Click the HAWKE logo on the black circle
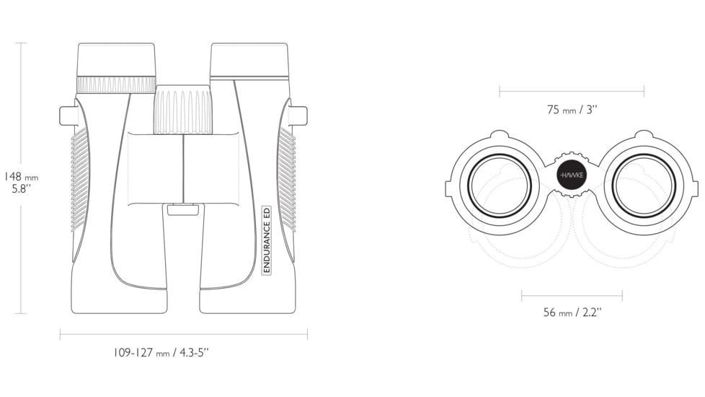click(x=571, y=175)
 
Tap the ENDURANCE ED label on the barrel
click(x=267, y=240)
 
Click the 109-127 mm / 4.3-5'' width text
click(x=161, y=352)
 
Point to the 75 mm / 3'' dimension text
click(x=572, y=110)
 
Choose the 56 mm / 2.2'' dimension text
click(x=572, y=312)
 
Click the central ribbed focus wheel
click(x=183, y=109)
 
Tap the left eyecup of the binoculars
click(x=117, y=60)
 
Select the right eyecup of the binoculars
click(x=249, y=60)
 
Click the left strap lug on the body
click(x=68, y=115)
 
